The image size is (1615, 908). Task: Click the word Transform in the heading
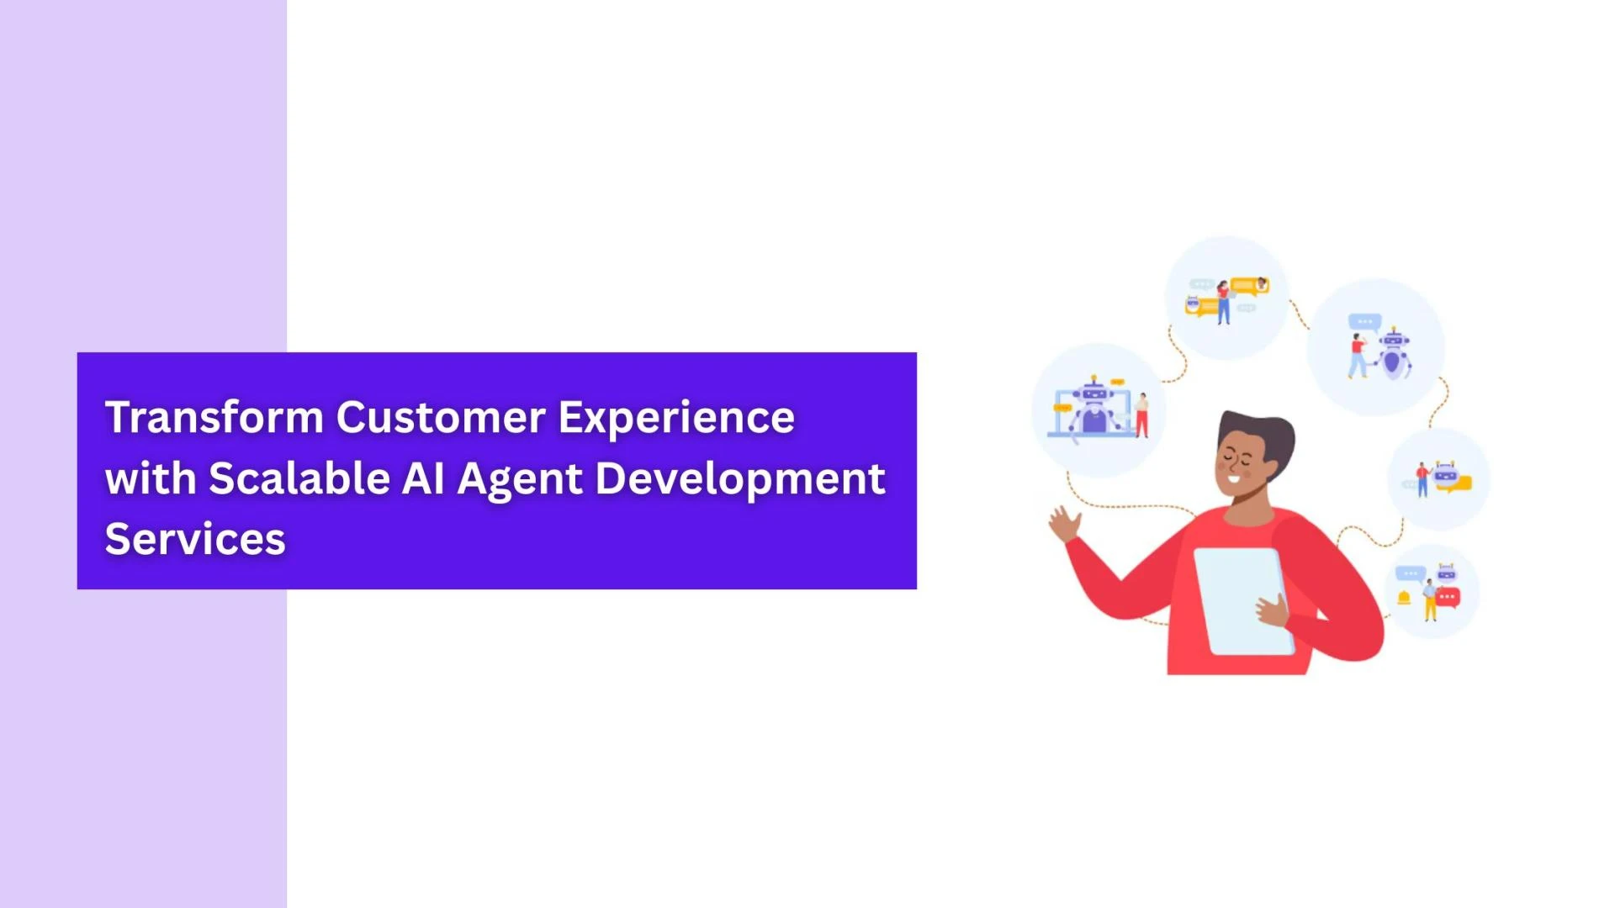pyautogui.click(x=214, y=417)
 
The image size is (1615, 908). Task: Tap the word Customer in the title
pyautogui.click(x=441, y=417)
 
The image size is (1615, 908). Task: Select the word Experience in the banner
pyautogui.click(x=676, y=419)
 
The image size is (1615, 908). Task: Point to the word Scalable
pyautogui.click(x=299, y=478)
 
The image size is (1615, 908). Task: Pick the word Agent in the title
pyautogui.click(x=519, y=479)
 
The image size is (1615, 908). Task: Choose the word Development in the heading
pyautogui.click(x=740, y=479)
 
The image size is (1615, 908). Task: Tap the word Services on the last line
pyautogui.click(x=195, y=539)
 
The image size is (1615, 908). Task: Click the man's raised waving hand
pyautogui.click(x=1064, y=523)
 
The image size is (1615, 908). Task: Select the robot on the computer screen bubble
pyautogui.click(x=1093, y=408)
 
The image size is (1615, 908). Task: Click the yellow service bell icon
pyautogui.click(x=1403, y=598)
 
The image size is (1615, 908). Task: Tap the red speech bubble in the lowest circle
pyautogui.click(x=1448, y=598)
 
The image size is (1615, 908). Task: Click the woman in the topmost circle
pyautogui.click(x=1224, y=303)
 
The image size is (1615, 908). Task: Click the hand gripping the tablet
pyautogui.click(x=1272, y=610)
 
